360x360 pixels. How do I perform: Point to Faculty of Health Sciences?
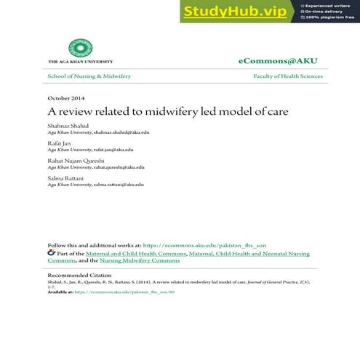[288, 76]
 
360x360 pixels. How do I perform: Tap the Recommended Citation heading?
[79, 276]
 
